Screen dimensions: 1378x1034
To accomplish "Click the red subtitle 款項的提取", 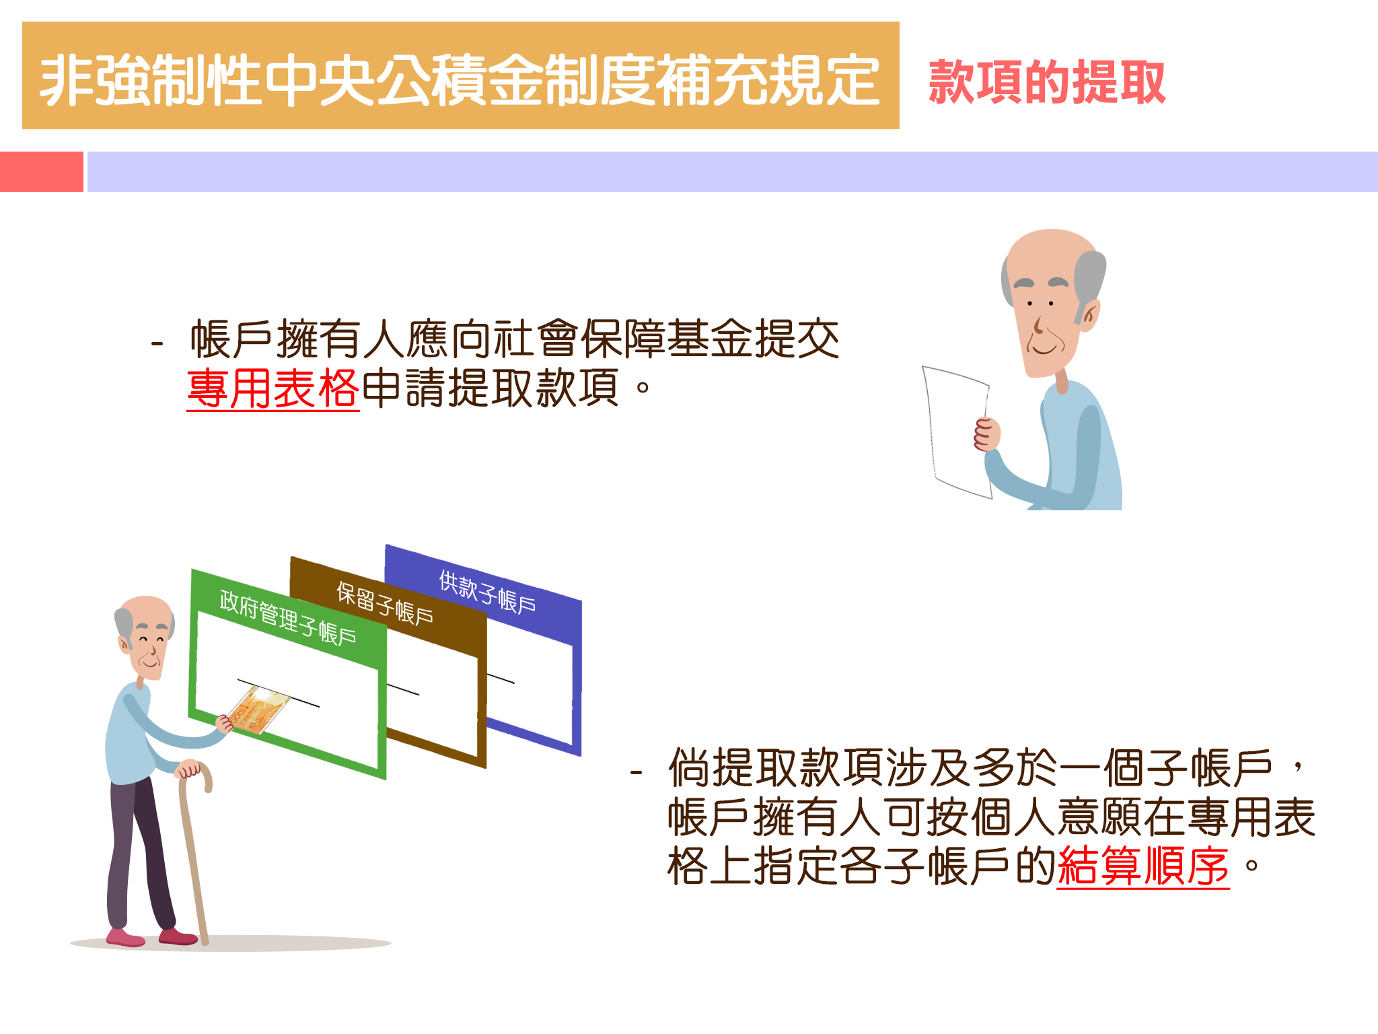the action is click(1046, 81).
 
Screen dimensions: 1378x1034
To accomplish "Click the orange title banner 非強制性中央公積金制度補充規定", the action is click(460, 75).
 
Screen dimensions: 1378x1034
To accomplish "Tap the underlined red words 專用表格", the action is click(273, 388).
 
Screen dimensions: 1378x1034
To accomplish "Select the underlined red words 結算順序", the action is click(1143, 866).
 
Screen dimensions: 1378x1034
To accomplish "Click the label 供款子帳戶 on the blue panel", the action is click(488, 592).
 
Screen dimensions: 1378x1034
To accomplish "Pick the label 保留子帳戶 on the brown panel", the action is click(385, 603).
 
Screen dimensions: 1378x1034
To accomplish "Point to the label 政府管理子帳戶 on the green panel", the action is click(288, 617).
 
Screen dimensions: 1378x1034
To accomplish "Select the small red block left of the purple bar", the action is click(42, 172).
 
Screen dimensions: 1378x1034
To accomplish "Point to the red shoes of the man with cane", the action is click(151, 937).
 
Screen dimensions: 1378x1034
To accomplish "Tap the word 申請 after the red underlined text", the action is click(404, 388).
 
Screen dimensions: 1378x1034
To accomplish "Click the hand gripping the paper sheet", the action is click(987, 434).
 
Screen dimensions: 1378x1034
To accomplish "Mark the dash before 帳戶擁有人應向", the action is click(157, 345).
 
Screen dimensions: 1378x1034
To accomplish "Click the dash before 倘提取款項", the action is click(636, 773).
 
